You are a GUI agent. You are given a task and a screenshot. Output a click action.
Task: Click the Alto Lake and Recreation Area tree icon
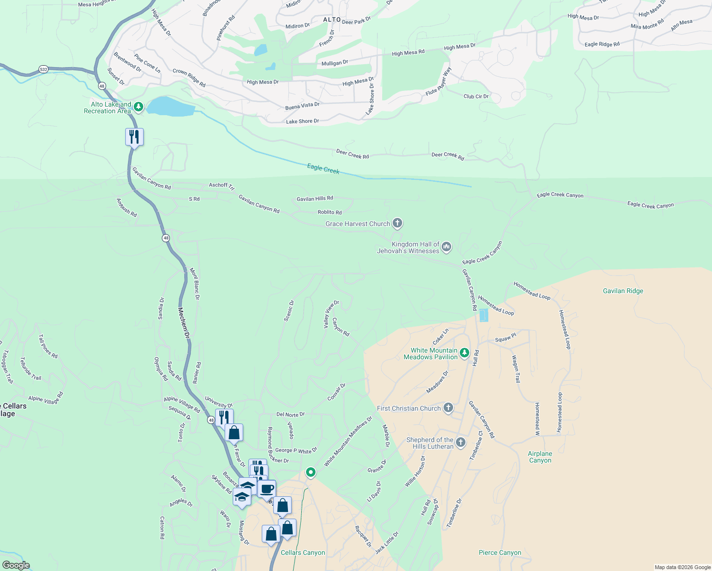click(x=138, y=107)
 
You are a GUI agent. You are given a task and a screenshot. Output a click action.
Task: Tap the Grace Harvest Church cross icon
click(x=397, y=223)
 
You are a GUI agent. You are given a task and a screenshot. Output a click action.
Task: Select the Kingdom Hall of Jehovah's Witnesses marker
click(x=446, y=246)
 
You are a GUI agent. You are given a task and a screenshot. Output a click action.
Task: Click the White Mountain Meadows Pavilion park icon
click(x=465, y=353)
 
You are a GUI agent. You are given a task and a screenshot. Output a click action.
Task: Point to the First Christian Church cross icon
click(x=448, y=408)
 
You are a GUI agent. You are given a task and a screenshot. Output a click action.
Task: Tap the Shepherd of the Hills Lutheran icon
click(x=460, y=443)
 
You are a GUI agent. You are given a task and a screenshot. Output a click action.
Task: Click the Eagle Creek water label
click(x=323, y=168)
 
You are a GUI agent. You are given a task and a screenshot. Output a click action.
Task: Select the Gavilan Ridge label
click(x=623, y=291)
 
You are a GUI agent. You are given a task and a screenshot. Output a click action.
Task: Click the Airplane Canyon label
click(x=540, y=457)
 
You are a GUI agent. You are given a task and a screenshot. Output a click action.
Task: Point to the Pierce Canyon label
click(x=500, y=552)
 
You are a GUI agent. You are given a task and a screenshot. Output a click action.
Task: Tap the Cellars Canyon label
click(x=303, y=552)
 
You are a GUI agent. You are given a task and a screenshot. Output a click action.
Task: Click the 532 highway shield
click(x=43, y=69)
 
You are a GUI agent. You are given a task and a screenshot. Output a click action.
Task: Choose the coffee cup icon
click(x=267, y=488)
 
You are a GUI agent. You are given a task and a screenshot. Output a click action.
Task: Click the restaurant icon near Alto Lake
click(x=134, y=137)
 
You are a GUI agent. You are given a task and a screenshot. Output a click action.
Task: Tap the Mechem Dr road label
click(x=184, y=323)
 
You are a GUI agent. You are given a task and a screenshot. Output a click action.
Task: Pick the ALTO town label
click(x=332, y=20)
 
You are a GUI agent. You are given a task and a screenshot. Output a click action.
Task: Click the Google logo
click(x=16, y=565)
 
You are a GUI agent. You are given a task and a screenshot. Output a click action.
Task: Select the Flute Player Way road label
click(x=438, y=81)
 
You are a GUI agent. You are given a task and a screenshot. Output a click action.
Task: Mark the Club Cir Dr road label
click(x=476, y=96)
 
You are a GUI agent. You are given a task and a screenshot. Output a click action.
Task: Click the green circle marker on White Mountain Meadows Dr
click(x=311, y=472)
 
